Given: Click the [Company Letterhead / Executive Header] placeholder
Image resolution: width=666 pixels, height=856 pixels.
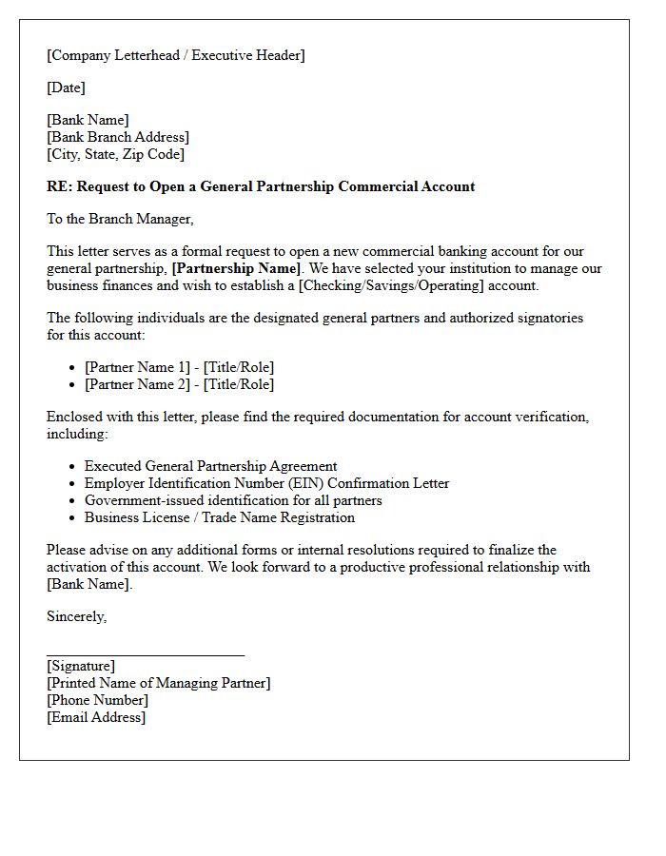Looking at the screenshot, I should tap(176, 55).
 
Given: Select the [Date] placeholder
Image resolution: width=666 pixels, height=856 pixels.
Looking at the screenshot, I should tap(66, 88).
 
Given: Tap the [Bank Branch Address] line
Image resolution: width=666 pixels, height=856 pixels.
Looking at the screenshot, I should tap(118, 137).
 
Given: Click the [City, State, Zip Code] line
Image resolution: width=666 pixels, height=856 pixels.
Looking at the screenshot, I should tap(115, 154).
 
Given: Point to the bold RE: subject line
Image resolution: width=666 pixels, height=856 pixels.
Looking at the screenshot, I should tap(261, 186).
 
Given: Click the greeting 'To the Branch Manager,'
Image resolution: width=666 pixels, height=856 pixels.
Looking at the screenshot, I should tap(120, 219).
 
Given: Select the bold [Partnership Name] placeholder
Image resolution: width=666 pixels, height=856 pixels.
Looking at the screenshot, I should tap(236, 268).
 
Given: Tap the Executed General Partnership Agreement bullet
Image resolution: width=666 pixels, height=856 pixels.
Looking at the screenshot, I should tap(210, 466).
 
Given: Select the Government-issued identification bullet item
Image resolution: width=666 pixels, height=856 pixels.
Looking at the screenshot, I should tap(233, 500).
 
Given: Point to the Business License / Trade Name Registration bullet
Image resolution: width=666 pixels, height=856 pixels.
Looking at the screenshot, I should tap(219, 517).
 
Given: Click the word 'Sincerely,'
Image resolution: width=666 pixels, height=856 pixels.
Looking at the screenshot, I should tap(77, 616).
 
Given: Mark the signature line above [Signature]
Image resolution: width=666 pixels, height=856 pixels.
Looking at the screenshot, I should tap(146, 654).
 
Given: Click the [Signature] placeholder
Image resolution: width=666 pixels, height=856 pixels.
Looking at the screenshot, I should tap(81, 666).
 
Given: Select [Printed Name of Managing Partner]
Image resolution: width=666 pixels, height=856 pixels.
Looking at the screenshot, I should tap(158, 683).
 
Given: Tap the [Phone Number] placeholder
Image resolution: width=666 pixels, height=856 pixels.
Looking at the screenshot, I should tap(97, 700).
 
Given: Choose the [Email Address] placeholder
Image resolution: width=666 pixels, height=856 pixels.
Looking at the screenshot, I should tap(96, 717).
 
